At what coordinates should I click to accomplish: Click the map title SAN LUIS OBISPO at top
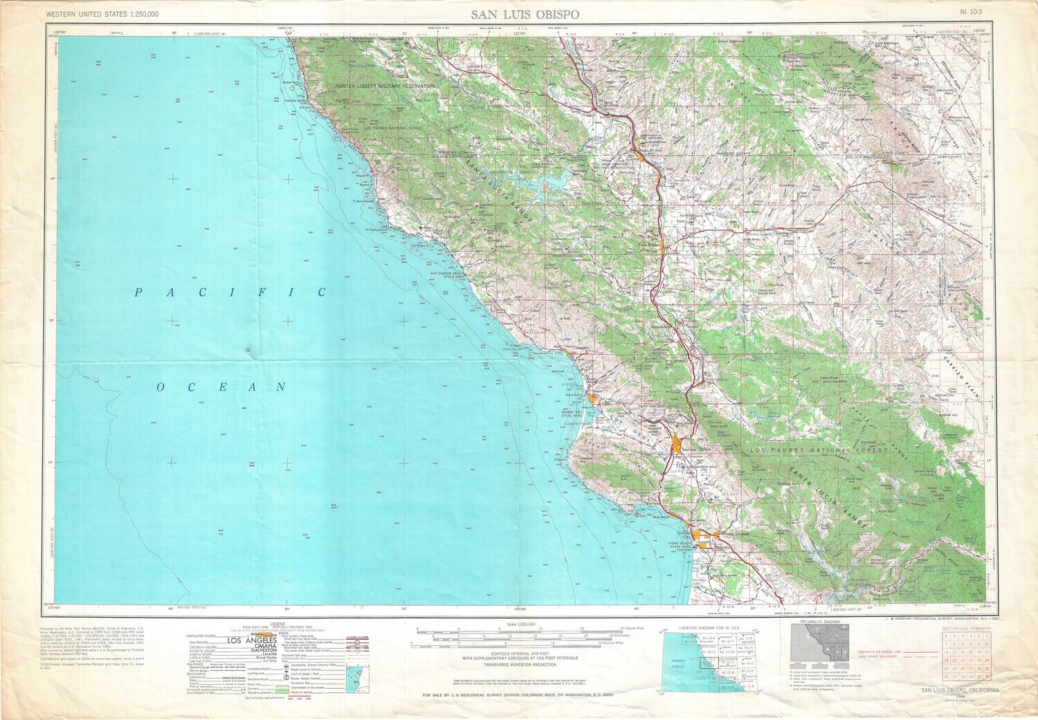526,14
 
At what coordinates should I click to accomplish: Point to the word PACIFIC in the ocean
230,293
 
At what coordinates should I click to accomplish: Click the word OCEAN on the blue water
221,387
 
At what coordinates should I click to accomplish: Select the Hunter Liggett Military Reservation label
385,86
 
